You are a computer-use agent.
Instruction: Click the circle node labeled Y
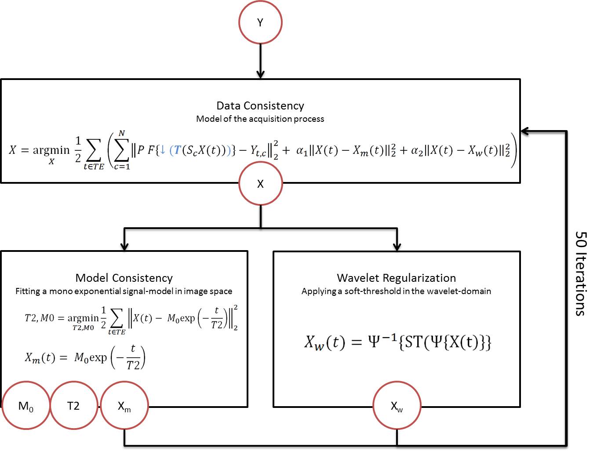[x=260, y=22]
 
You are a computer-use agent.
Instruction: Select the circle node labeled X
[x=260, y=184]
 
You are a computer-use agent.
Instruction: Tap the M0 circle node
[x=26, y=406]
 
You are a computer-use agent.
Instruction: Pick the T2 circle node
[x=73, y=406]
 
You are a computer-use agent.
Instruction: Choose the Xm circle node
[x=124, y=406]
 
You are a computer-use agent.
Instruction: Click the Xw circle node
[x=397, y=406]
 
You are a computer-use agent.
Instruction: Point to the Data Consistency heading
[x=260, y=105]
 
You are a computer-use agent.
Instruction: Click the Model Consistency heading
[x=124, y=278]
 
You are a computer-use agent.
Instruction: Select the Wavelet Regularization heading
[x=397, y=278]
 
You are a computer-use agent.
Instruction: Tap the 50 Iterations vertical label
[x=581, y=273]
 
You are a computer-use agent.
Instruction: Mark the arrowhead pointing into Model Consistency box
[x=124, y=246]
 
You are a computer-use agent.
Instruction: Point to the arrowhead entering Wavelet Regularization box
[x=397, y=246]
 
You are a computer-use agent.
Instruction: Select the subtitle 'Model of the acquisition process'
[x=260, y=119]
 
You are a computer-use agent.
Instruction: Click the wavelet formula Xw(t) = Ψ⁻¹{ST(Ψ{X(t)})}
[x=397, y=342]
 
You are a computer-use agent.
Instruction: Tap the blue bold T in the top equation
[x=178, y=150]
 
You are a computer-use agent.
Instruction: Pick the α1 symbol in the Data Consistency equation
[x=302, y=151]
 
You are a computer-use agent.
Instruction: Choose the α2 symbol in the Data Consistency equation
[x=417, y=151]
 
